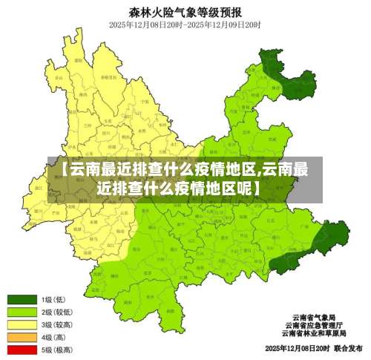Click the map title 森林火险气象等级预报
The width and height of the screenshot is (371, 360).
coord(185,12)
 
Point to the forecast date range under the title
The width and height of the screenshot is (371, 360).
coord(185,24)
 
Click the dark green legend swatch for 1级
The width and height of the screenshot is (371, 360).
coord(22,300)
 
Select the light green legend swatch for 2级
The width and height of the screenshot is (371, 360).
coord(22,312)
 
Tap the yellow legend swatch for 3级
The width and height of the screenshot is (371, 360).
coord(22,324)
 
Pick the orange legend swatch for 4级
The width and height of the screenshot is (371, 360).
coord(22,337)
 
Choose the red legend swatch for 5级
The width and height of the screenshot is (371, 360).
coord(22,349)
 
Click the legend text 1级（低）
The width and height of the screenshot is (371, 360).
coord(54,300)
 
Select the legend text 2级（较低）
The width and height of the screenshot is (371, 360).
coord(56,312)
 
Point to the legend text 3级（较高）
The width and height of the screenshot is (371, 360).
coord(56,324)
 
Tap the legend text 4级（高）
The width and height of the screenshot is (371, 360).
coord(54,337)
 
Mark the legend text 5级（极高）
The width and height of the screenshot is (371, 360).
coord(56,349)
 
